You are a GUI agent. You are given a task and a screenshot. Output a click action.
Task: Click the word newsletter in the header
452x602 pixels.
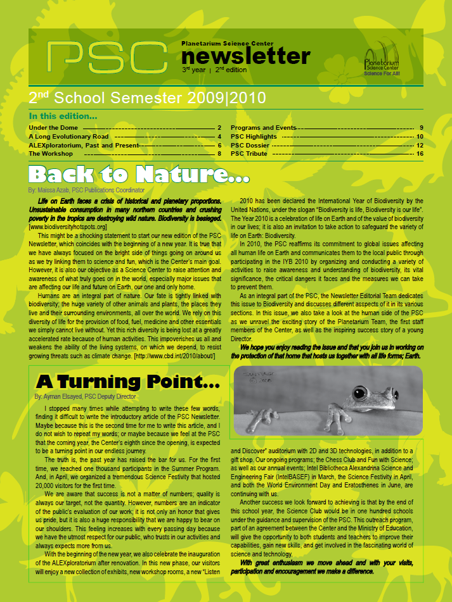coord(246,57)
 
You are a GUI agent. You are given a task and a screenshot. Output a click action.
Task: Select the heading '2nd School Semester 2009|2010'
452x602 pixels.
coord(147,98)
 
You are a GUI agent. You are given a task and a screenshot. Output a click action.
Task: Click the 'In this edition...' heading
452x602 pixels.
coord(63,116)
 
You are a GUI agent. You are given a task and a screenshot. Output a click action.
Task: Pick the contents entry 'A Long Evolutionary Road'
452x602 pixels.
coord(68,136)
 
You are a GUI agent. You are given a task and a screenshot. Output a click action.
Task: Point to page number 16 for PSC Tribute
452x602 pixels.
coord(420,153)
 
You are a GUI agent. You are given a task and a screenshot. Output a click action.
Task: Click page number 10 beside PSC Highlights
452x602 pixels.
coord(420,136)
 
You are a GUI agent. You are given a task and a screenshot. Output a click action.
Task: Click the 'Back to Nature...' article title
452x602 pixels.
coord(139,174)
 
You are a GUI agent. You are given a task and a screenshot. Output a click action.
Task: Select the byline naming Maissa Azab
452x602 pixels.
coord(86,189)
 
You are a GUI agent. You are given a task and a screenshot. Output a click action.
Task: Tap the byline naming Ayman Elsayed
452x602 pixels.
coord(85,396)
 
